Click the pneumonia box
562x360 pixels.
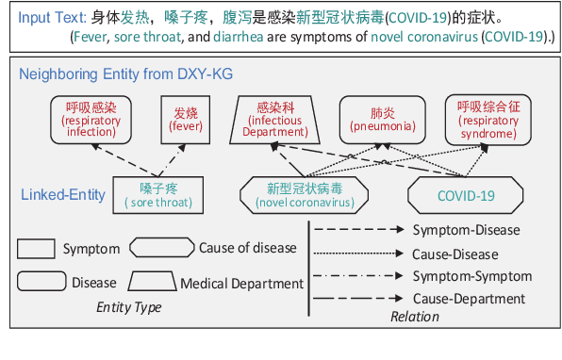click(x=375, y=120)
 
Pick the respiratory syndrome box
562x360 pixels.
click(x=488, y=121)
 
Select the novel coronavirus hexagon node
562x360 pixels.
click(x=305, y=195)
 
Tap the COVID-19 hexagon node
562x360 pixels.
click(x=465, y=195)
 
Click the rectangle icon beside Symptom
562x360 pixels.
click(x=36, y=249)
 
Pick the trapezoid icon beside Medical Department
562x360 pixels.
click(x=151, y=282)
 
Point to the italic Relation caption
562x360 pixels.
click(x=414, y=317)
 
